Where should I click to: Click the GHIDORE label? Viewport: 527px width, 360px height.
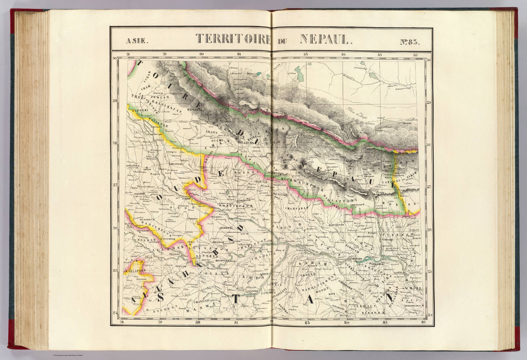[x=346, y=290]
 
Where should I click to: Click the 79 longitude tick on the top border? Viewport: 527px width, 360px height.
[x=164, y=54]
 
